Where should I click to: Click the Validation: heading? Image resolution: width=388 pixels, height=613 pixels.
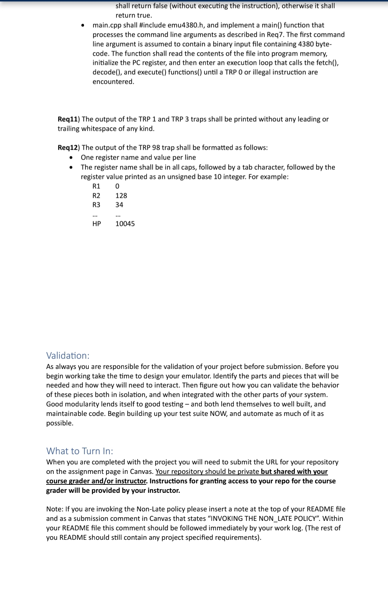click(x=68, y=355)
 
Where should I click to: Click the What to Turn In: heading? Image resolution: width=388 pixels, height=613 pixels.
click(x=80, y=451)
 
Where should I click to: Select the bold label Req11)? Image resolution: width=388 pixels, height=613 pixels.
click(x=69, y=119)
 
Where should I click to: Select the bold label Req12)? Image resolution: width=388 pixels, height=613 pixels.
click(x=69, y=148)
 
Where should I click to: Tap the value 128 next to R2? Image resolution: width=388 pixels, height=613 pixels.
click(x=121, y=196)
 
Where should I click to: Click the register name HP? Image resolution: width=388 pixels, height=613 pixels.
click(x=96, y=224)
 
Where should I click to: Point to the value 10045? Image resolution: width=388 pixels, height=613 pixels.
click(x=125, y=224)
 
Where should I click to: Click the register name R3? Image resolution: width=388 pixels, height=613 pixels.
click(x=96, y=205)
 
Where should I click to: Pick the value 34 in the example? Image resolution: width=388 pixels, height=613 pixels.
click(x=119, y=205)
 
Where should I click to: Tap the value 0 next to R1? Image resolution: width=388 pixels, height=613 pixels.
click(x=117, y=186)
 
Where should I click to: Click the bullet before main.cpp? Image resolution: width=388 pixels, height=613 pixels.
click(x=83, y=25)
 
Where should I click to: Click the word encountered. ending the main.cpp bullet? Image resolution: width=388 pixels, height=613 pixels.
click(x=113, y=82)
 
